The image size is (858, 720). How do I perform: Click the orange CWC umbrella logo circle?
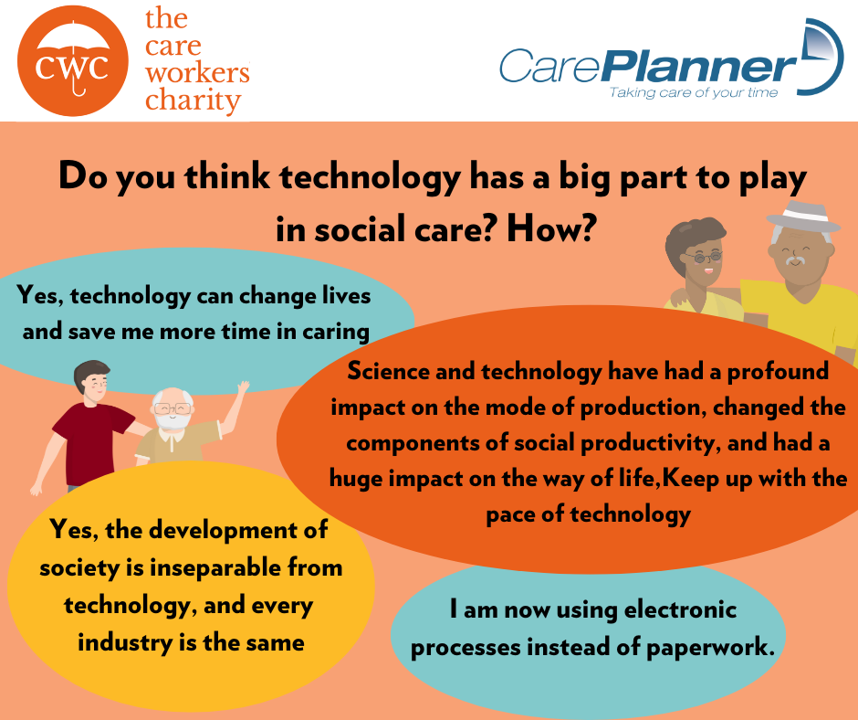(x=73, y=60)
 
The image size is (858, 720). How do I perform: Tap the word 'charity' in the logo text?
(x=193, y=101)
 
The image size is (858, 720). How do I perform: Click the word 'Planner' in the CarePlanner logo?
(x=700, y=67)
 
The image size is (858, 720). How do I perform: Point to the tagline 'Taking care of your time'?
(x=694, y=92)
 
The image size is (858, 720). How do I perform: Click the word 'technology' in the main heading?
(x=370, y=177)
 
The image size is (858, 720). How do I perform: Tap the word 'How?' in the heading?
(x=549, y=229)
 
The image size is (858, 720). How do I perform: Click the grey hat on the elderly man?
(x=803, y=217)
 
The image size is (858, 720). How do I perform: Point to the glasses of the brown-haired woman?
(x=703, y=257)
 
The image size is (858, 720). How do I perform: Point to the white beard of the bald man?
(x=173, y=420)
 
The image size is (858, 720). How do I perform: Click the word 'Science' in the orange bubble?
(x=389, y=371)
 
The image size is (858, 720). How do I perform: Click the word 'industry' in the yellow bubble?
(x=125, y=642)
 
